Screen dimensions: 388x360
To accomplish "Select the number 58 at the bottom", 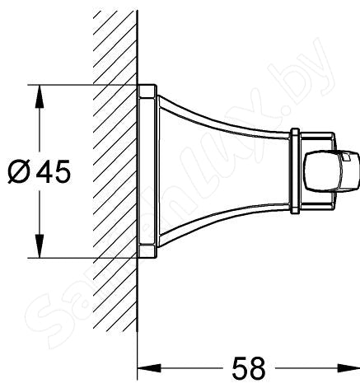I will (x=247, y=365).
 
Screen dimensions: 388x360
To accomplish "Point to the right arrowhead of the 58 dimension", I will (x=350, y=364).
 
